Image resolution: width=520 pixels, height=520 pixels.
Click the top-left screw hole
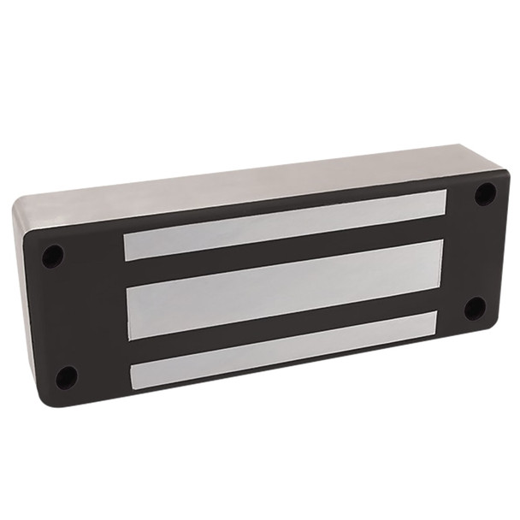click(53, 254)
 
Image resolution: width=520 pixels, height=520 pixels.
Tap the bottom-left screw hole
click(66, 375)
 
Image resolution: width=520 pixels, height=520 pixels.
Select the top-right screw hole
click(485, 193)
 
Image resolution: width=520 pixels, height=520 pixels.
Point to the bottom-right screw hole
click(476, 308)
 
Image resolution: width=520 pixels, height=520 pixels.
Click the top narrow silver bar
click(285, 225)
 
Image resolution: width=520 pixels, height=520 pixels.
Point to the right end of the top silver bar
click(441, 203)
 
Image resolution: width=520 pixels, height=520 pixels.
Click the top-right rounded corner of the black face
click(502, 176)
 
